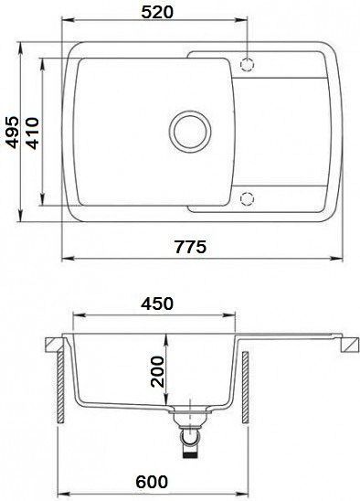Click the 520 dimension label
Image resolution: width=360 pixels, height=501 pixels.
(157, 12)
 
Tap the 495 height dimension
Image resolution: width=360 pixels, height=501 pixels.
(13, 133)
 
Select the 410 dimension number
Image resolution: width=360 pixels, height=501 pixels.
(32, 133)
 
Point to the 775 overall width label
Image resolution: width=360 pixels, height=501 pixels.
(191, 247)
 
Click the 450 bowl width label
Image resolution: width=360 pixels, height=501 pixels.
(157, 304)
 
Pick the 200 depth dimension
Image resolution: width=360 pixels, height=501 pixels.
(157, 371)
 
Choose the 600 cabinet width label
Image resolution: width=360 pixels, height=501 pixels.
(152, 481)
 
